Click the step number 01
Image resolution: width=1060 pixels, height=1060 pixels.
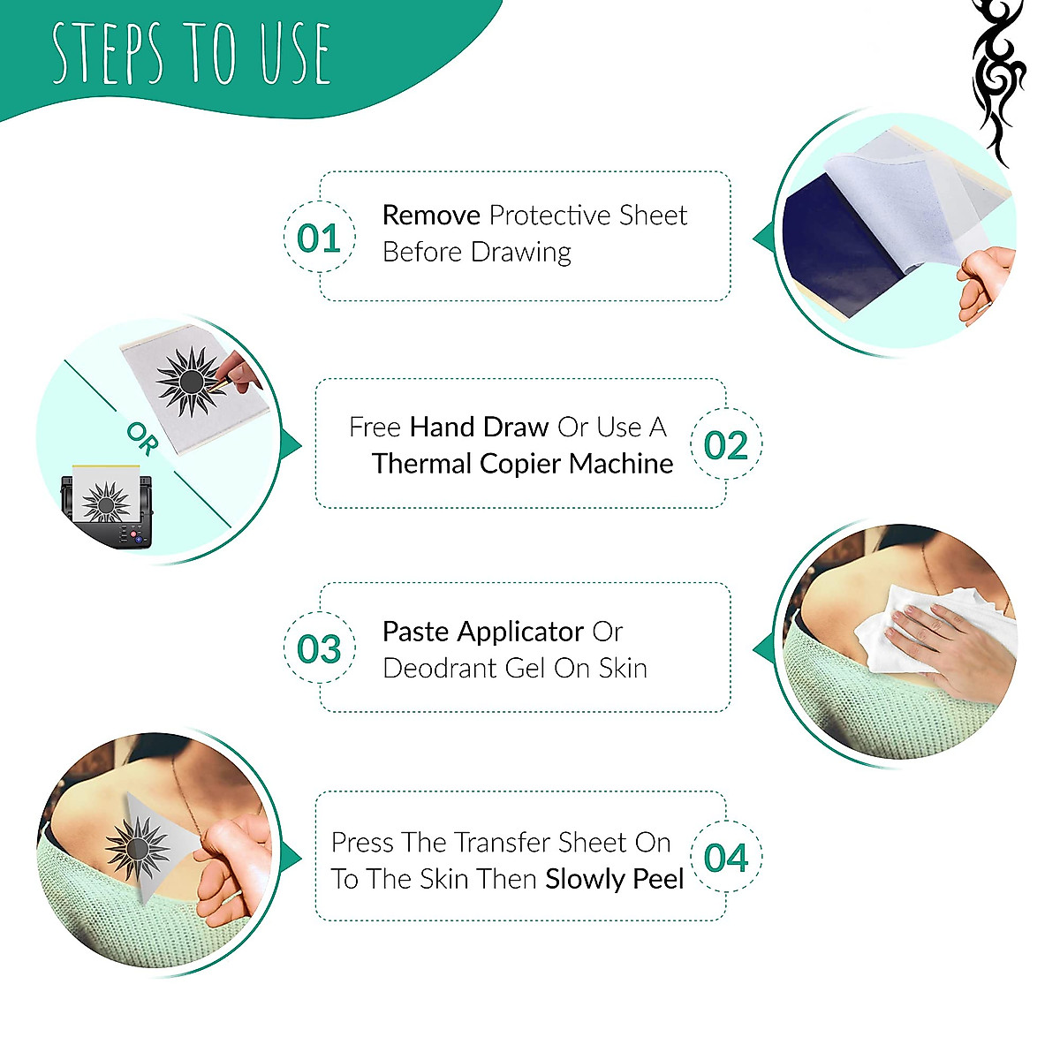(x=319, y=238)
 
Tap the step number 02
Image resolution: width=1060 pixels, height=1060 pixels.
(x=726, y=445)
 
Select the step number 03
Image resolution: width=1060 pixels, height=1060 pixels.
(x=319, y=649)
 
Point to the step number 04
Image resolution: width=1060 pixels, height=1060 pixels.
(x=726, y=858)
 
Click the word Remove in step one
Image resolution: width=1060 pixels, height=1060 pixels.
(x=431, y=216)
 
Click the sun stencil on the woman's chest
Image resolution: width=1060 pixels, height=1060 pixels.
(x=137, y=848)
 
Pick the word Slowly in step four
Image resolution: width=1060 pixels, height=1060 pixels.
(x=585, y=880)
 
